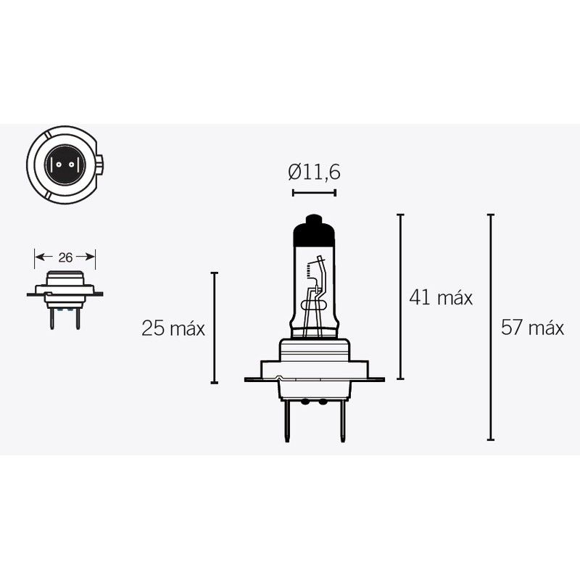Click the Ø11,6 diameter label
click(x=314, y=173)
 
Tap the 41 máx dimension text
click(x=441, y=297)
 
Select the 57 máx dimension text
click(x=532, y=328)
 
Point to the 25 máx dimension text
click(x=173, y=328)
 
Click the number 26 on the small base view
click(x=65, y=257)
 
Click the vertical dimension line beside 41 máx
click(x=401, y=297)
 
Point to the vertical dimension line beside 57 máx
click(x=491, y=328)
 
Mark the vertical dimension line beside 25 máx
click(x=214, y=328)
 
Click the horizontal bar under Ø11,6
click(x=314, y=193)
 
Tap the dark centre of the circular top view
click(x=63, y=162)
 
